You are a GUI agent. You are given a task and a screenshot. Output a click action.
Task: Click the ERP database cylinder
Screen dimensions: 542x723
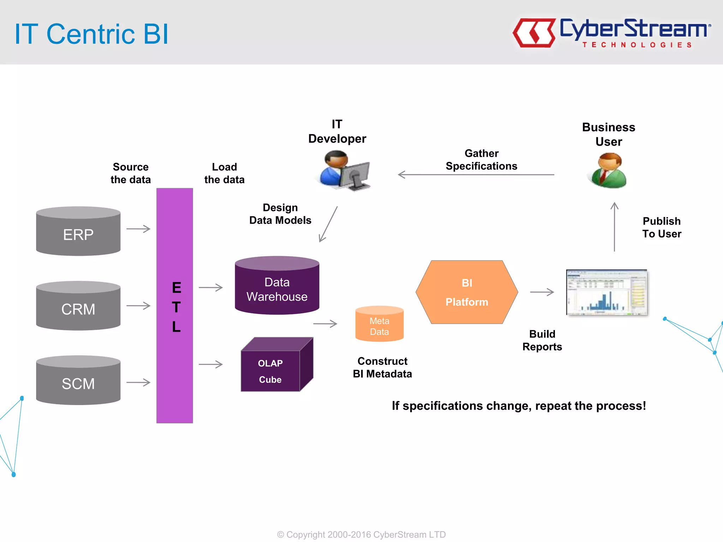coord(78,231)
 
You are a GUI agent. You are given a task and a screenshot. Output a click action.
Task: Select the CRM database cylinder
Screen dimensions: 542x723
coord(78,306)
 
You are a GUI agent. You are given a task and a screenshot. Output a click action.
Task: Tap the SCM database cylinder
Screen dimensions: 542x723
coord(78,380)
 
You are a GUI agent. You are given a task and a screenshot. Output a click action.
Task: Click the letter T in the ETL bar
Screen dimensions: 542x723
coord(176,307)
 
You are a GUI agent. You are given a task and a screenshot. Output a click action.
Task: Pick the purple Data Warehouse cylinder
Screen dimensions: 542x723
coord(277,286)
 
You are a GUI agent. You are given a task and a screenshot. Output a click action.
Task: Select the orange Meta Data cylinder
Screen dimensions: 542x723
coord(379,324)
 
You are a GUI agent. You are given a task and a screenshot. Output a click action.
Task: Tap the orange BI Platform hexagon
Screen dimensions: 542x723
coord(467,292)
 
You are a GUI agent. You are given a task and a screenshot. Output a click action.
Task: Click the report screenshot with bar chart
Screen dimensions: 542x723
coord(607,293)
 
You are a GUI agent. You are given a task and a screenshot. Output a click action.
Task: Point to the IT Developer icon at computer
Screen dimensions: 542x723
coord(344,171)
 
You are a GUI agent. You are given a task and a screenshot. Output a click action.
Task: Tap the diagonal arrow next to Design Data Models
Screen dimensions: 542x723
coord(328,224)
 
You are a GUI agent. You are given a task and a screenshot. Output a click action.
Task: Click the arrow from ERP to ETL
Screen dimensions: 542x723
coord(138,229)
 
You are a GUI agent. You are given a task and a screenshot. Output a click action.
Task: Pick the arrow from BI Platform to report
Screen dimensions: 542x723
coord(542,292)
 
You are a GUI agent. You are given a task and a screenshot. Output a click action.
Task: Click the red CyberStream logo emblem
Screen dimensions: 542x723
coord(534,33)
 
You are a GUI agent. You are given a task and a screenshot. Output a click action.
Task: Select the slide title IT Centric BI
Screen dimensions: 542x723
coord(91,34)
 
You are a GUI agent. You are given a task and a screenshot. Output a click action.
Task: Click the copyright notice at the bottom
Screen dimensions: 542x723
coord(361,534)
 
